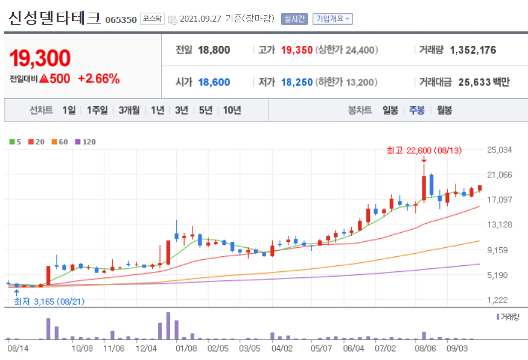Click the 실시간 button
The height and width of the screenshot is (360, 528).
coord(294,19)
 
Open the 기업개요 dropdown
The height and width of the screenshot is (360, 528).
coord(332,19)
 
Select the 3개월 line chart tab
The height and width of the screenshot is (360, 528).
coord(129,110)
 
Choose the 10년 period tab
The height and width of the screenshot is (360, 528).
coord(232,110)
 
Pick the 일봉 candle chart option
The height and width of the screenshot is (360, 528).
coord(390,110)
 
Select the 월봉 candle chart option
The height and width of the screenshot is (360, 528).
coord(444,110)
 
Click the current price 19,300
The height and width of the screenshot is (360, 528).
coord(40,58)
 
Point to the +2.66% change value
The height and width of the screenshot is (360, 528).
coord(98,78)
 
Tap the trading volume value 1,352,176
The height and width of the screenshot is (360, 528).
coord(473,50)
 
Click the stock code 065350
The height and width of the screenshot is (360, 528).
coord(121,19)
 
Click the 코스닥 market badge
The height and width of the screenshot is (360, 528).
coord(151,19)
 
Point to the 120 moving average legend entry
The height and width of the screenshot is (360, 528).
coord(86,142)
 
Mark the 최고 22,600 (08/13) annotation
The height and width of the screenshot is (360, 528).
coord(424,150)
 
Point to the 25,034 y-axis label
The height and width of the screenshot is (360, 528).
coord(499,150)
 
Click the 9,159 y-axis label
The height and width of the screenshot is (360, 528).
coord(499,250)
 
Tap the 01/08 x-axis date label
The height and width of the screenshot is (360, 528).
coord(186,348)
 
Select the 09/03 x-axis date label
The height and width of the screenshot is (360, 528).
coord(457,348)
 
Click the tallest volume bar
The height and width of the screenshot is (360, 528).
coord(168,325)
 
